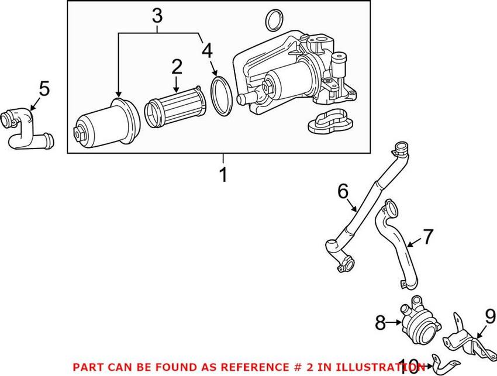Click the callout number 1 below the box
tap(223, 175)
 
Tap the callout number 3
tap(157, 16)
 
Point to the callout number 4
tap(207, 51)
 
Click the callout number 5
tap(44, 89)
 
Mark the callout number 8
tap(380, 320)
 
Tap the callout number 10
tap(409, 367)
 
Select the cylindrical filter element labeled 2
tap(172, 108)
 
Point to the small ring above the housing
tap(273, 20)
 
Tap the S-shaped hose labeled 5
tap(27, 125)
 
